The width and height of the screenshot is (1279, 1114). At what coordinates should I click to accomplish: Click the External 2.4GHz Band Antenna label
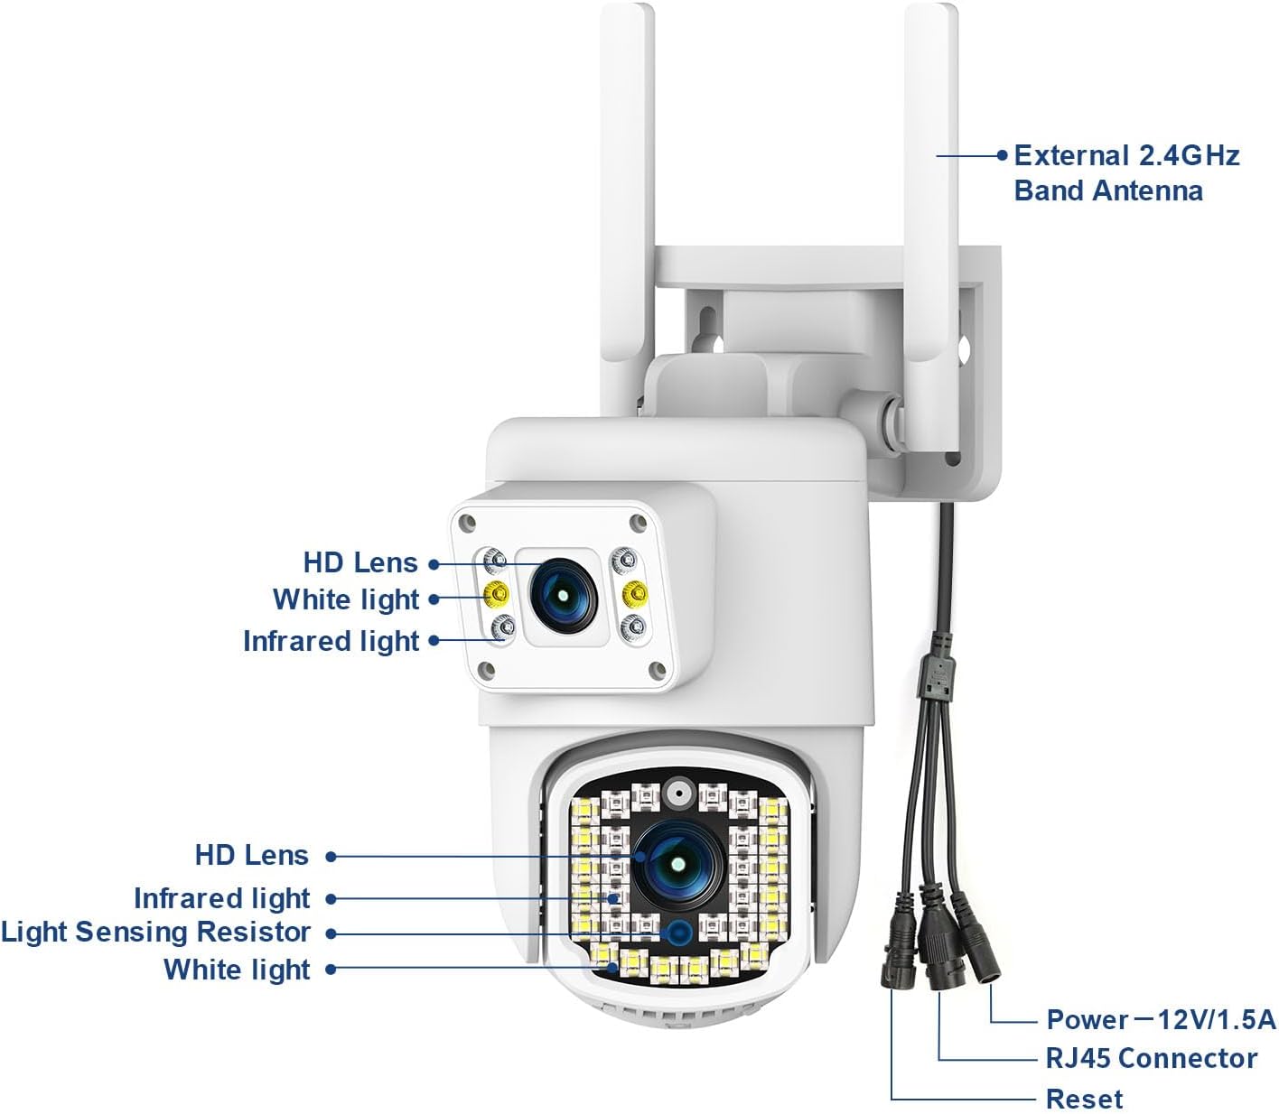click(1125, 172)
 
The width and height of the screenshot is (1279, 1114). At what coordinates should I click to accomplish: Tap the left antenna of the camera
click(625, 181)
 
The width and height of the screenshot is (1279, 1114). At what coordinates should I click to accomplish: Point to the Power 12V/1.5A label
click(1160, 1020)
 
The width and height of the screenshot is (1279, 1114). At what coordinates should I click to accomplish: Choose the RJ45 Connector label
click(1151, 1058)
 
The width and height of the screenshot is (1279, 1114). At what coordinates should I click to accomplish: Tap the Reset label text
click(1084, 1099)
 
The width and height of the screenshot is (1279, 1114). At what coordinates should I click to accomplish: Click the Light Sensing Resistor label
click(156, 932)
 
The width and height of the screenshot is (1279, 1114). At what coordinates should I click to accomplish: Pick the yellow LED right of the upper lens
click(635, 592)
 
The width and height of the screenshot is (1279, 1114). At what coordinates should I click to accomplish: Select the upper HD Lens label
click(360, 562)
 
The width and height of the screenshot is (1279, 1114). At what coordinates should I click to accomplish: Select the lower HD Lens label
click(252, 855)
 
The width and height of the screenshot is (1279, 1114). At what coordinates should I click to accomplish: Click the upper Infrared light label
click(331, 641)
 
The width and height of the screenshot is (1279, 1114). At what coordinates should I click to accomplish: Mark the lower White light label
click(237, 969)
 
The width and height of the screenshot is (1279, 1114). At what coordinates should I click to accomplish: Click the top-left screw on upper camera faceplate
click(466, 522)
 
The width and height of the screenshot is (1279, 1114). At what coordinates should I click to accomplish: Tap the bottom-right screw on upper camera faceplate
click(658, 669)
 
